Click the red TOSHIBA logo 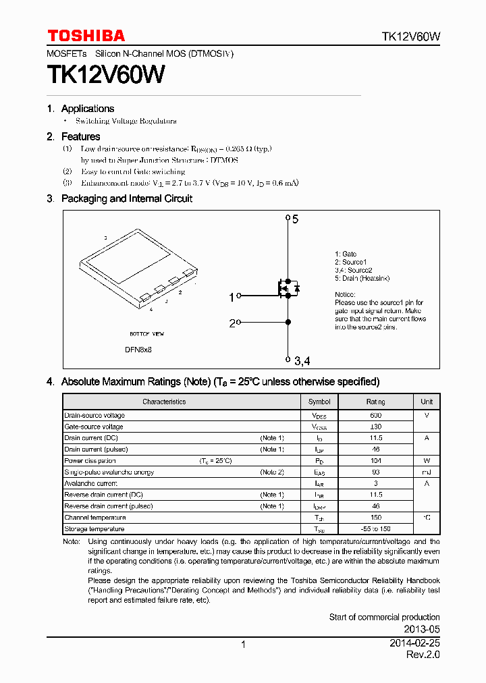click(x=86, y=36)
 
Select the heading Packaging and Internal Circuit click(x=126, y=198)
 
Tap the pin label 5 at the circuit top click(x=295, y=219)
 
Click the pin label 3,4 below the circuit click(x=301, y=361)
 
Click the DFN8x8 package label click(x=138, y=350)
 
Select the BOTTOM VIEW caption click(x=146, y=334)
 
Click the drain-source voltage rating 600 click(x=375, y=416)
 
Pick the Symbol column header click(x=319, y=402)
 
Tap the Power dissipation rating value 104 click(x=376, y=461)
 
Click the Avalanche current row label click(x=90, y=484)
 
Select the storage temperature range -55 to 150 click(x=376, y=529)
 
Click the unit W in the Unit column click(x=427, y=461)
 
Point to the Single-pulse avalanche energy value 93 click(x=376, y=472)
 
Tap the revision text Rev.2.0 click(x=423, y=655)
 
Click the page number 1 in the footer click(x=243, y=645)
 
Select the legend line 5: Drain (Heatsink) click(x=362, y=278)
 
